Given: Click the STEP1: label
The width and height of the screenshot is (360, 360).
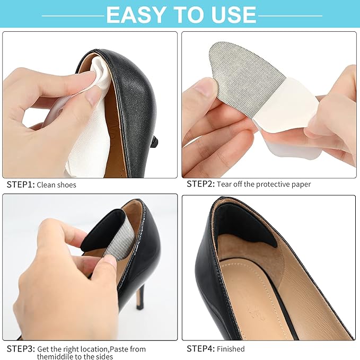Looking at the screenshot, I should tap(20, 185).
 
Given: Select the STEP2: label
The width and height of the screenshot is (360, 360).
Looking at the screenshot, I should tap(200, 185).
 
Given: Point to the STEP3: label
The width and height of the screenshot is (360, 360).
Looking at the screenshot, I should tap(20, 348).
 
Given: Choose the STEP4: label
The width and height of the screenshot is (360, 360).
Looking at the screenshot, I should tap(200, 348).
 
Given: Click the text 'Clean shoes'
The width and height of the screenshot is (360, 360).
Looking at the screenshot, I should tap(57, 185).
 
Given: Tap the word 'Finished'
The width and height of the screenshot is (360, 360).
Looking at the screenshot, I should tap(231, 348).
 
